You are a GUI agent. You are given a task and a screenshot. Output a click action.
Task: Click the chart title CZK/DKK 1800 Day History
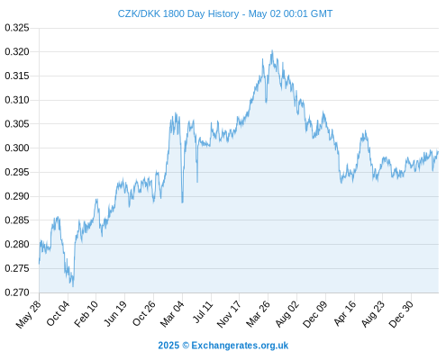pos(178,13)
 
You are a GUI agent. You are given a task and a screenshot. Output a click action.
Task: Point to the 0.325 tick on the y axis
pos(17,28)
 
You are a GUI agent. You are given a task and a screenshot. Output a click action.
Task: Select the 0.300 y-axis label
pos(17,148)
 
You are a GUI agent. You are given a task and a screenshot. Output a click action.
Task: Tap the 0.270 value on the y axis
pos(17,292)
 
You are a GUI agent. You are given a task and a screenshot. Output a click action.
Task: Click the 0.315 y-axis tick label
pos(17,76)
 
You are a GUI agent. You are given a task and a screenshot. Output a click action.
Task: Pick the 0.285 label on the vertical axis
pos(17,220)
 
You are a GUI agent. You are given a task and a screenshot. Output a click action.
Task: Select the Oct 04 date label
pos(58,313)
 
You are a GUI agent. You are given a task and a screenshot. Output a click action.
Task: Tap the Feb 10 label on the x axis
pos(86,313)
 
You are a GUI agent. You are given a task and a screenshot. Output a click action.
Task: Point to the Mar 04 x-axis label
pos(171,314)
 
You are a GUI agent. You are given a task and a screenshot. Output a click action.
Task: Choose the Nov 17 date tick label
pos(229,314)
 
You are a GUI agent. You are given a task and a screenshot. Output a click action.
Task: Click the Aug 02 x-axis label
pos(287,314)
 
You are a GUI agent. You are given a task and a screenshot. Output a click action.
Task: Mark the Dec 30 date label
pos(401,314)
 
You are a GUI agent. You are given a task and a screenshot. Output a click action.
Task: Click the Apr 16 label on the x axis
pos(344,313)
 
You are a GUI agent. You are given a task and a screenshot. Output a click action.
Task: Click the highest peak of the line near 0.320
pos(272,50)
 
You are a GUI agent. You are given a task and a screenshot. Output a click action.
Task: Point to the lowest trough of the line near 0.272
pos(73,286)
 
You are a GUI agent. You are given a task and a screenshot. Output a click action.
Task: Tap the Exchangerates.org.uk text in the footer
pos(240,346)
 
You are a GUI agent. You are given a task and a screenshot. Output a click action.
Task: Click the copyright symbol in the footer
pos(186,346)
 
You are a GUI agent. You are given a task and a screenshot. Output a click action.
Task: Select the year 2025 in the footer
pos(168,346)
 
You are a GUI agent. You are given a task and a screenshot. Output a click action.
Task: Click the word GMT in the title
pos(322,13)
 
